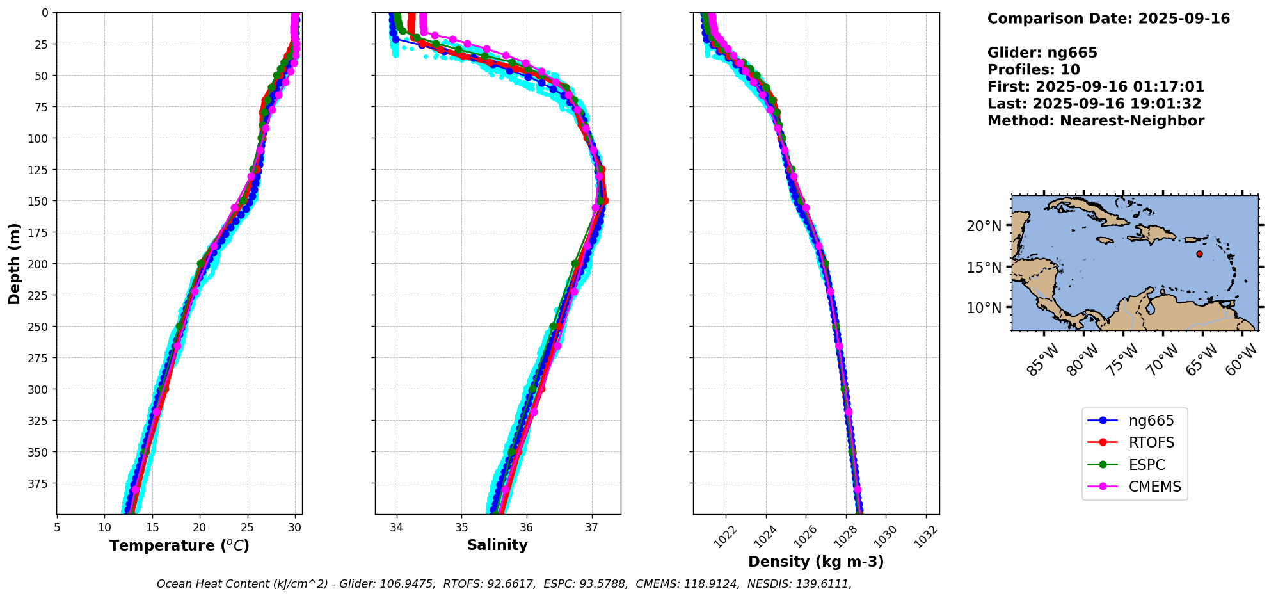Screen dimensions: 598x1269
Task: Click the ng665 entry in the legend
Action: (x=1150, y=421)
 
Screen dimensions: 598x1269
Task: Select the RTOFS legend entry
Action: (x=1151, y=442)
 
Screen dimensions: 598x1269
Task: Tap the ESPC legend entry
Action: (x=1146, y=465)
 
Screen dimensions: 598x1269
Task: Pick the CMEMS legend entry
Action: (x=1154, y=487)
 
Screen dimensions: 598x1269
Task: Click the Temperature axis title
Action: (x=179, y=546)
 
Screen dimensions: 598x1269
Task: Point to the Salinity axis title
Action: (x=497, y=545)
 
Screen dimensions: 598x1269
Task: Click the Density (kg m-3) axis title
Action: (x=816, y=562)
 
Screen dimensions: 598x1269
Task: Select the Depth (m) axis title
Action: (x=15, y=263)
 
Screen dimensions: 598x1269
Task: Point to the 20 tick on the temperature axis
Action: (x=200, y=528)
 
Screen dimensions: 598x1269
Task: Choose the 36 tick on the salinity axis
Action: (x=527, y=528)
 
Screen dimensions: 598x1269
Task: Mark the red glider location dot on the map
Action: (x=1199, y=254)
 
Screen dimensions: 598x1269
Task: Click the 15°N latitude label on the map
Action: (x=984, y=267)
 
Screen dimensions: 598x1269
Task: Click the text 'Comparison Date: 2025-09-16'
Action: (x=1108, y=19)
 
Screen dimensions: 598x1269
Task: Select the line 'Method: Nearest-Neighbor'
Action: (x=1096, y=121)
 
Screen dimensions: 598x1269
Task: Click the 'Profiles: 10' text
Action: (x=1034, y=70)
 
